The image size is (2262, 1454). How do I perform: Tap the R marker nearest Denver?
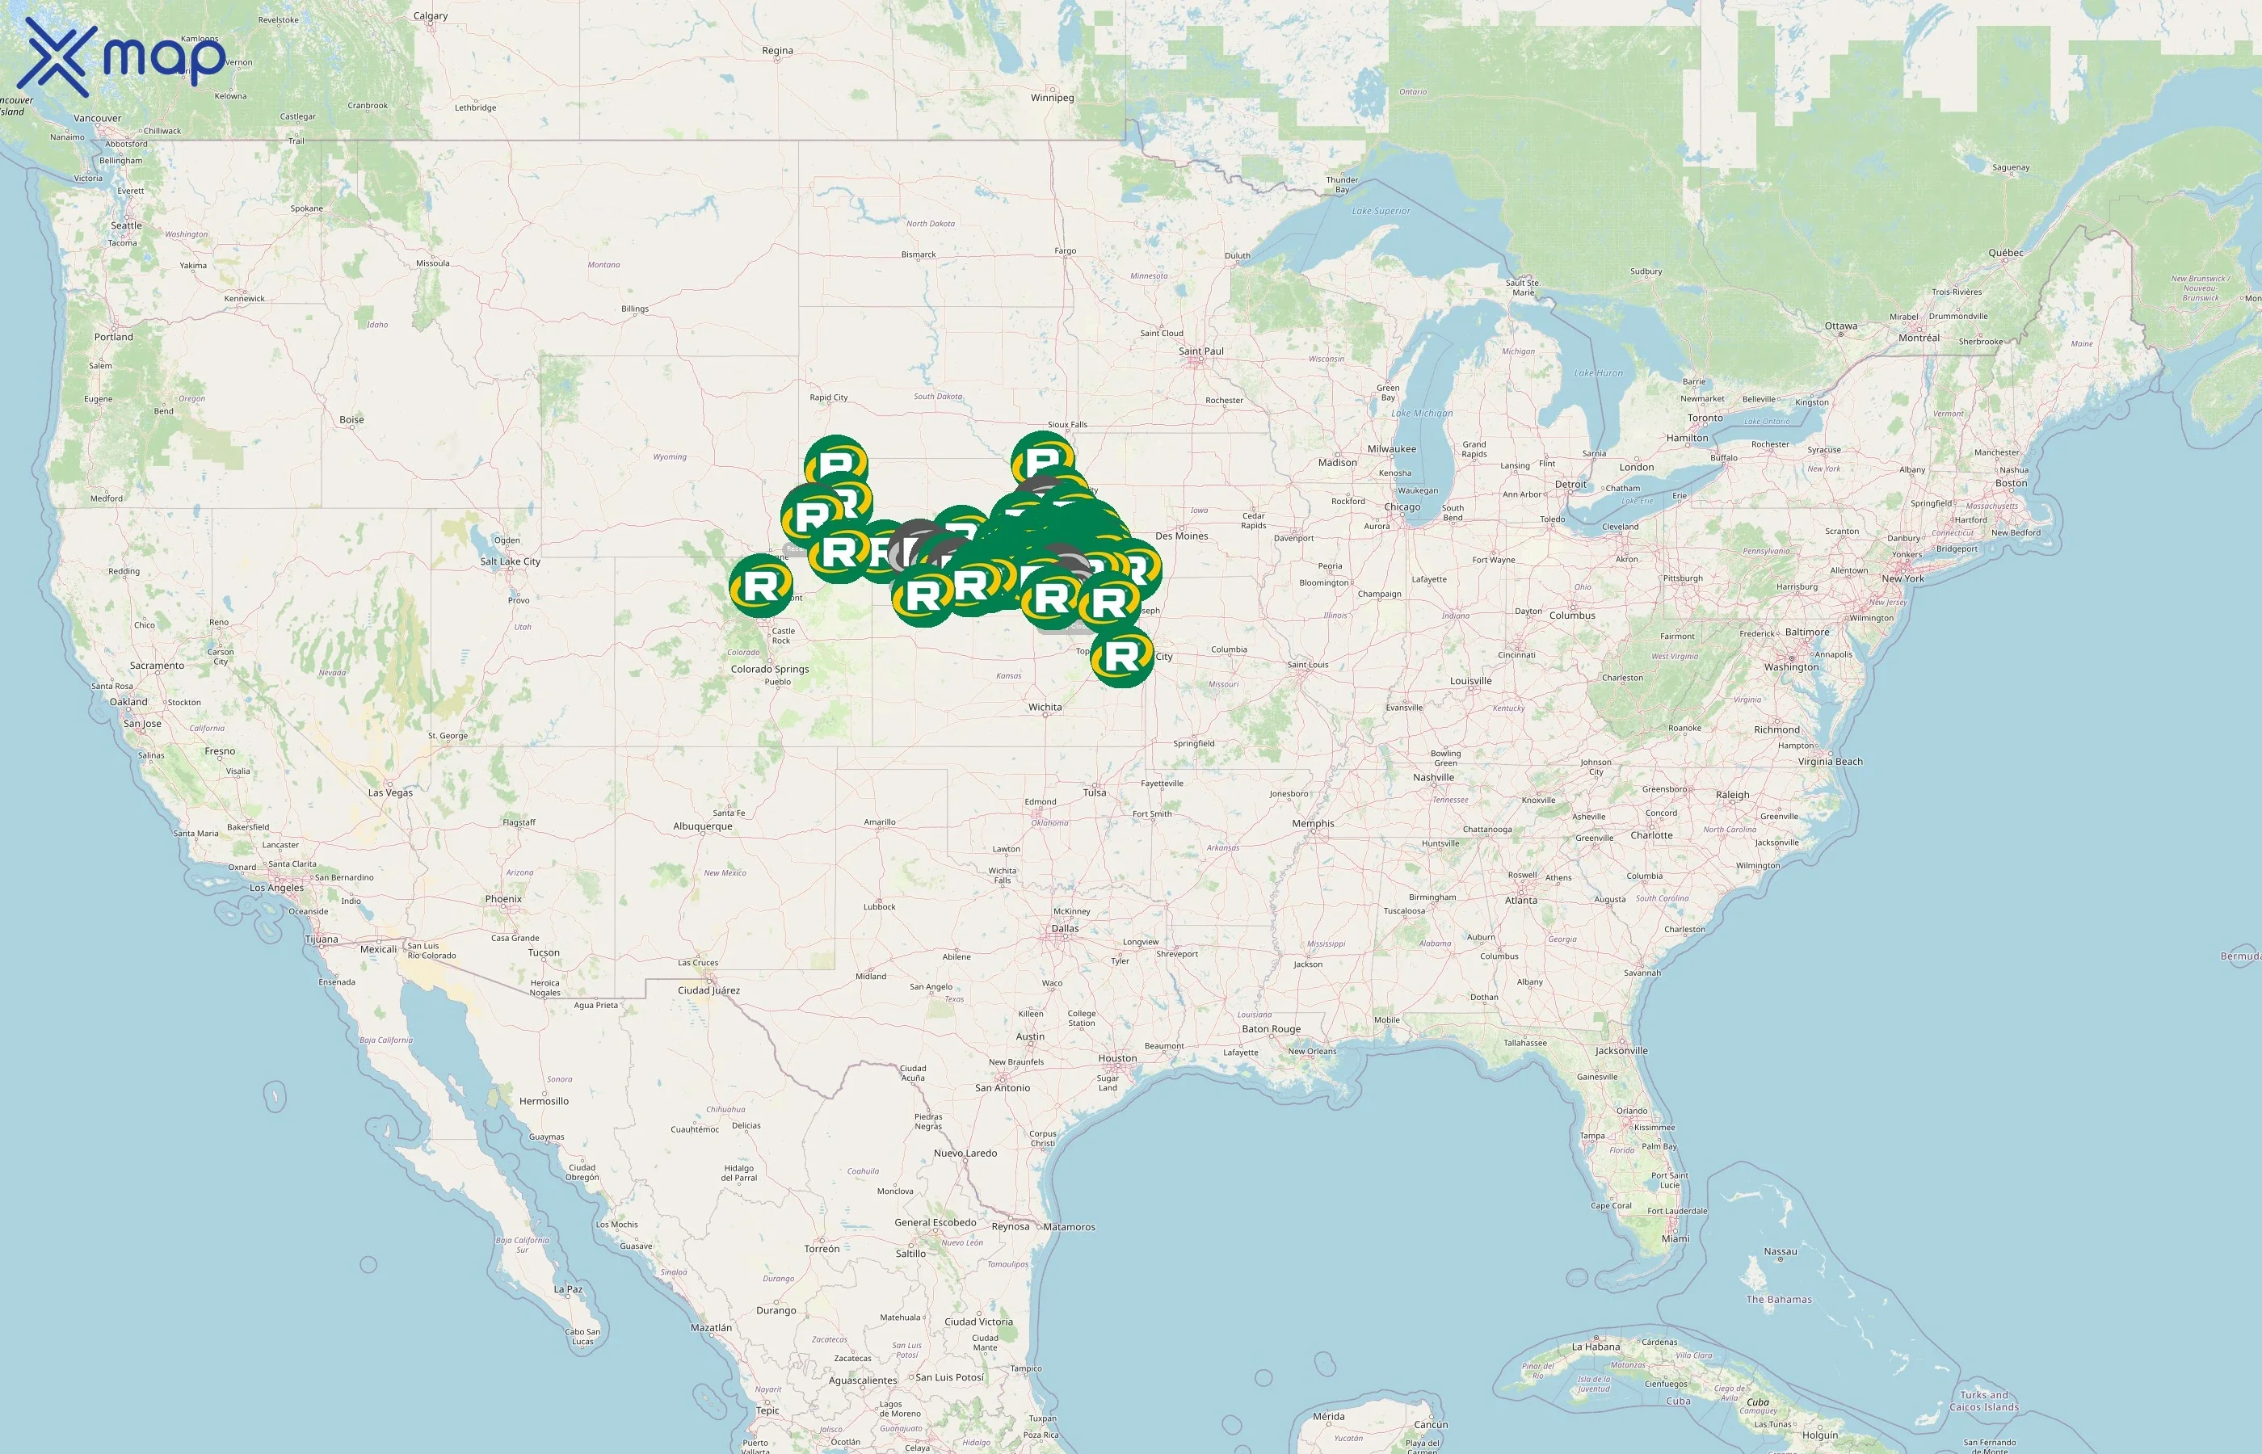760,586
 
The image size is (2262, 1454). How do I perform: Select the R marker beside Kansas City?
1121,656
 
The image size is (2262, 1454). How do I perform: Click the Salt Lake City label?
510,561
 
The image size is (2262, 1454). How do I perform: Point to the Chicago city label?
1402,507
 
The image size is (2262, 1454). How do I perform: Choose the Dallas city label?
1065,929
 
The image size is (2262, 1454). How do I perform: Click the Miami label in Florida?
1675,1239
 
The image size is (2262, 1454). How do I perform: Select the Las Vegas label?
390,793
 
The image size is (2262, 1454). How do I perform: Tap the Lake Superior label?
1381,212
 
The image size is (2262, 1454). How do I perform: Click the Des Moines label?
1181,536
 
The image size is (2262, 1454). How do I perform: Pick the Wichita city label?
1045,707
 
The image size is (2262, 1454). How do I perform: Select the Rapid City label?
828,397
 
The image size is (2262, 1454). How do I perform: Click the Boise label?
351,420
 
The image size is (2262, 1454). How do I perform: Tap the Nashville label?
1433,778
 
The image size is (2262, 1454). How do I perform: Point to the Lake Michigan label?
1422,414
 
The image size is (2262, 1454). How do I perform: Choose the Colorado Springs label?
769,670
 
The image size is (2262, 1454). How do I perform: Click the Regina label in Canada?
777,51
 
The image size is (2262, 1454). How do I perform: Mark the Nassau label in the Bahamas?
1780,1252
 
